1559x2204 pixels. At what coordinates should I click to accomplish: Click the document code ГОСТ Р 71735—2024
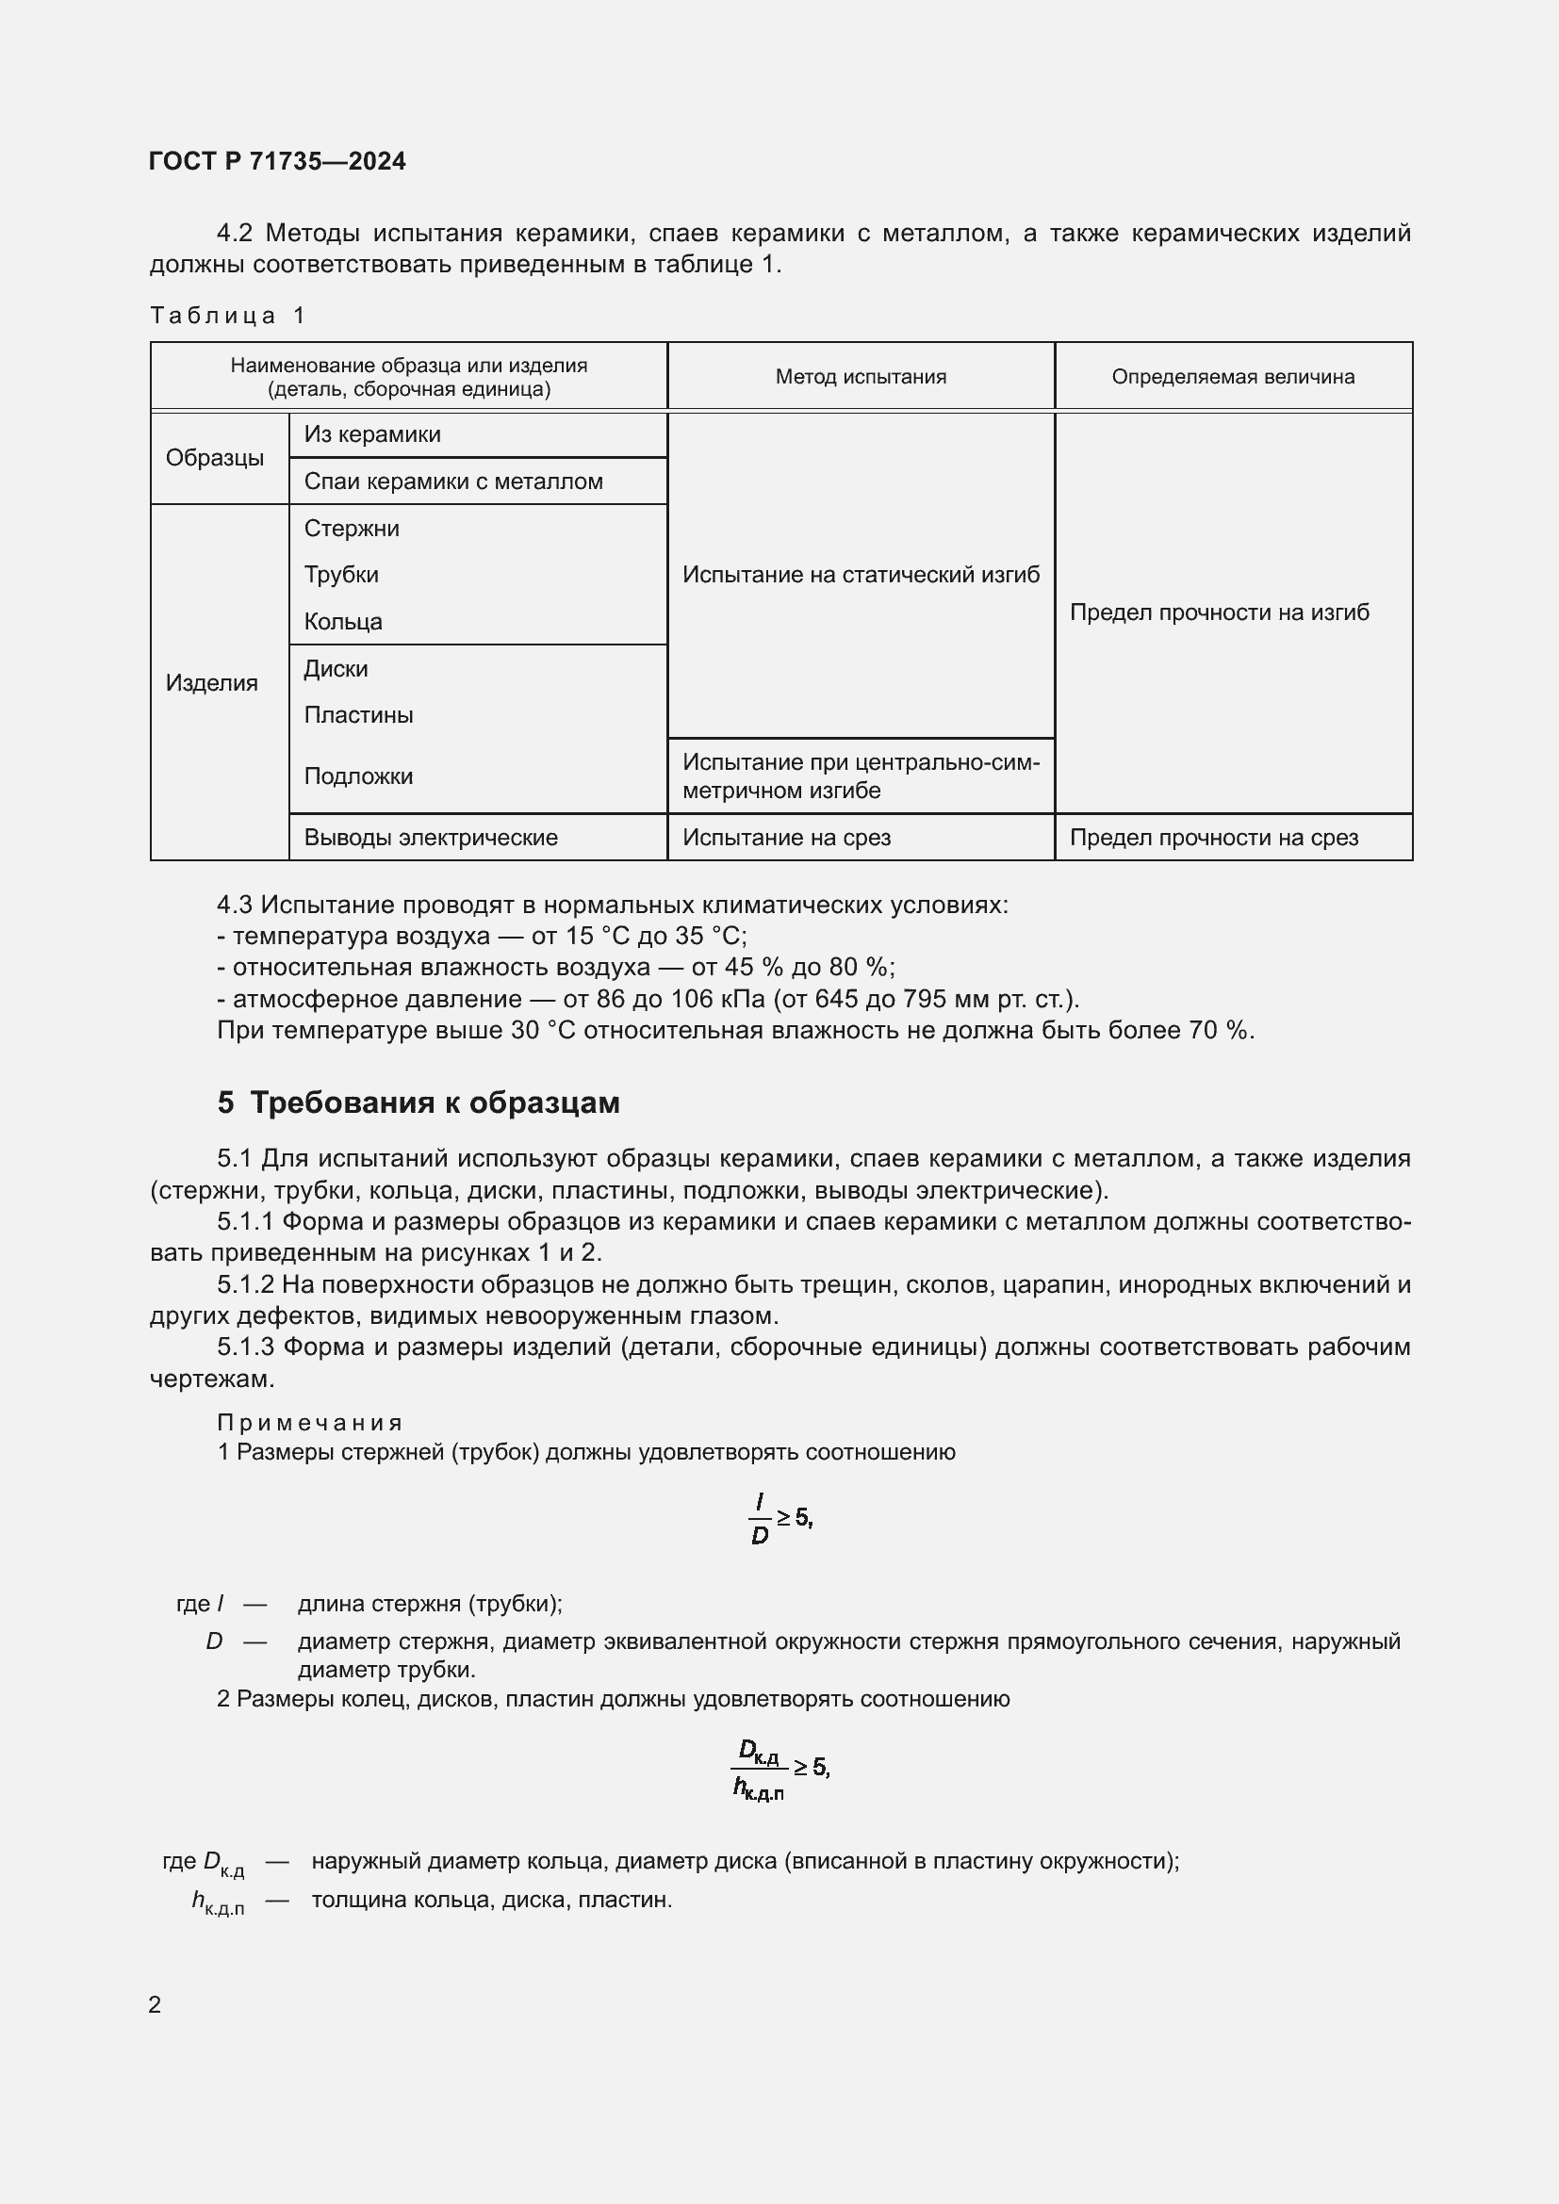pos(277,161)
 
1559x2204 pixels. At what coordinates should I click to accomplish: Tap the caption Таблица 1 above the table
pos(227,316)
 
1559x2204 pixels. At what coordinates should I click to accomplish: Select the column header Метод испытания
pos(861,377)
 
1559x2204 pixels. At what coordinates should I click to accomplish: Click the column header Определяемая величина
pos(1233,377)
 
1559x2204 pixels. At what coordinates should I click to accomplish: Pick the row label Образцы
pos(214,458)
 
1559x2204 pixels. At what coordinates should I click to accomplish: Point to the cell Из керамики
pos(372,434)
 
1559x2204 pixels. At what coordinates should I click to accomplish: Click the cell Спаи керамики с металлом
pos(453,482)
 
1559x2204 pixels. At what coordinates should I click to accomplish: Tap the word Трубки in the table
pos(341,575)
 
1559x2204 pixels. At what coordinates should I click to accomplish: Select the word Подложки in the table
pos(358,776)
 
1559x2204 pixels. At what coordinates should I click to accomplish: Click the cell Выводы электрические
pos(430,838)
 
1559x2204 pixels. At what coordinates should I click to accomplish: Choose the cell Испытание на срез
pos(786,838)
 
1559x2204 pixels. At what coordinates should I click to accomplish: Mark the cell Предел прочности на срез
pos(1213,838)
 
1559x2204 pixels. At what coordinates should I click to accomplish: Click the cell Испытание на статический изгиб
pos(861,575)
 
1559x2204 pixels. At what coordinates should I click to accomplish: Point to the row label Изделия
pos(211,683)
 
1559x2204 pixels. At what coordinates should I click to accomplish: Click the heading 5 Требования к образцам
pos(418,1103)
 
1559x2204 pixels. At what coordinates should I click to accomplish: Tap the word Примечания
pos(310,1423)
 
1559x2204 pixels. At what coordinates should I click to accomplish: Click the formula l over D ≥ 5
pos(779,1519)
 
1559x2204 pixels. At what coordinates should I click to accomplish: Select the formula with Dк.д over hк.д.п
pos(779,1767)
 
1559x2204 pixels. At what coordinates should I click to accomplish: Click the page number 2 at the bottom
pos(155,2005)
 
